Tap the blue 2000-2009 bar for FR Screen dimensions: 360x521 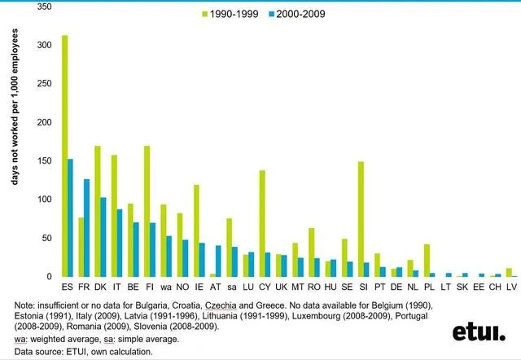pyautogui.click(x=87, y=227)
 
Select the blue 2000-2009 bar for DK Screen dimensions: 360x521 pyautogui.click(x=103, y=236)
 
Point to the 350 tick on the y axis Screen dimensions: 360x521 pyautogui.click(x=44, y=7)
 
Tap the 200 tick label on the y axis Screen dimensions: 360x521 pyautogui.click(x=44, y=122)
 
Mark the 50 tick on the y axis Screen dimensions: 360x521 pyautogui.click(x=46, y=238)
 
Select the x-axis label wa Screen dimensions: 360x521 pyautogui.click(x=166, y=288)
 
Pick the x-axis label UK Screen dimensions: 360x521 pyautogui.click(x=281, y=288)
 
